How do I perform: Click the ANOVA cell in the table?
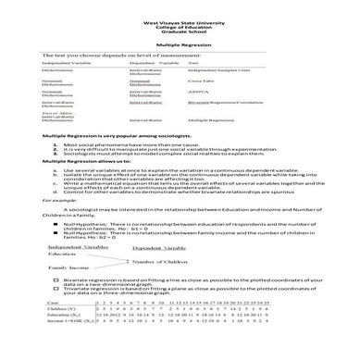tap(198, 93)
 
